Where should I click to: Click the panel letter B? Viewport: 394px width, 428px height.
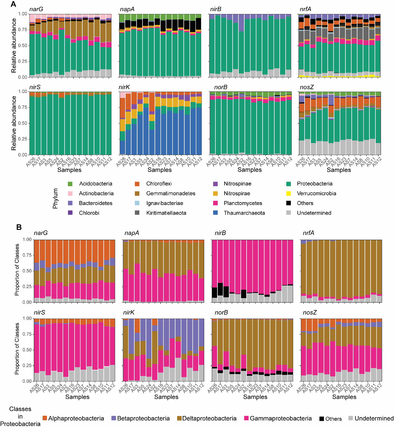coord(19,227)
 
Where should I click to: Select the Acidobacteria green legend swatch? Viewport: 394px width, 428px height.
coord(70,184)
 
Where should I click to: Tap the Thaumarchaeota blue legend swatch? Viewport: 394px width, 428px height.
coord(215,213)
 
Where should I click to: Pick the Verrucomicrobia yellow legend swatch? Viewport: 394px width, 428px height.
coord(289,193)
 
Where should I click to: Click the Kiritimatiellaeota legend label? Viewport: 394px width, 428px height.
coord(166,213)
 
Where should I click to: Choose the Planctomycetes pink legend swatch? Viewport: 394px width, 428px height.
coord(215,203)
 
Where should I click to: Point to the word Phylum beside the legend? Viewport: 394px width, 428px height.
coord(55,198)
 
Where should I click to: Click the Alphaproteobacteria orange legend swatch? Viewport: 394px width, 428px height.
coord(45,418)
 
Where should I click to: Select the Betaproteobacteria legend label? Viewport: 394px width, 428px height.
coord(143,418)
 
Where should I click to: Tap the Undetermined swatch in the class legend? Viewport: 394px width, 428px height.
coord(351,418)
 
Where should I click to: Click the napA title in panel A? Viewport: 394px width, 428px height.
coord(127,9)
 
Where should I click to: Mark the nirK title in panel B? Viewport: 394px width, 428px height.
coord(129,312)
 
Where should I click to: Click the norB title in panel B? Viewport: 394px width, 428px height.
coord(221,312)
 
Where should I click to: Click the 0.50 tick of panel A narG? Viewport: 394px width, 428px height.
coord(23,45)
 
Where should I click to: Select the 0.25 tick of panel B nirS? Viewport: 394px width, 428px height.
coord(27,365)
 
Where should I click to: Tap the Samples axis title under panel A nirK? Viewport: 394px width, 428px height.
coord(159,170)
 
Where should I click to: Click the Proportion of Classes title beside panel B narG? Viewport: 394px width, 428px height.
coord(17,270)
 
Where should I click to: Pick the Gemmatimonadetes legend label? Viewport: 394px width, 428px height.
coord(171,193)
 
